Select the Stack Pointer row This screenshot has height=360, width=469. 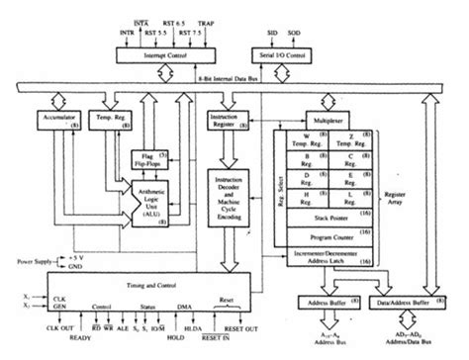(324, 212)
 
